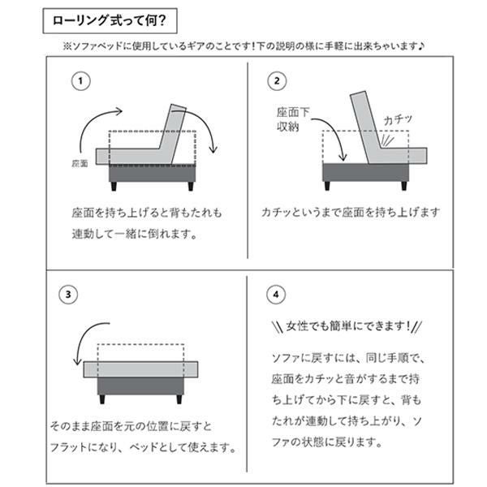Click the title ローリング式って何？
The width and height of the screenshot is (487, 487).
[109, 19]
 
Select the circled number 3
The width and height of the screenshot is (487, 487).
[69, 294]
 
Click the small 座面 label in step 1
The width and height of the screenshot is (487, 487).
[79, 163]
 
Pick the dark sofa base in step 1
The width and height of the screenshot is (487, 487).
[153, 174]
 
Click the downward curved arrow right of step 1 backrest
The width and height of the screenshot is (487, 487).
[209, 134]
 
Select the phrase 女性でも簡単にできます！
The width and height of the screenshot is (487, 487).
[346, 327]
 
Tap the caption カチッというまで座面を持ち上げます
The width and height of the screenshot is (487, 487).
[351, 213]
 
